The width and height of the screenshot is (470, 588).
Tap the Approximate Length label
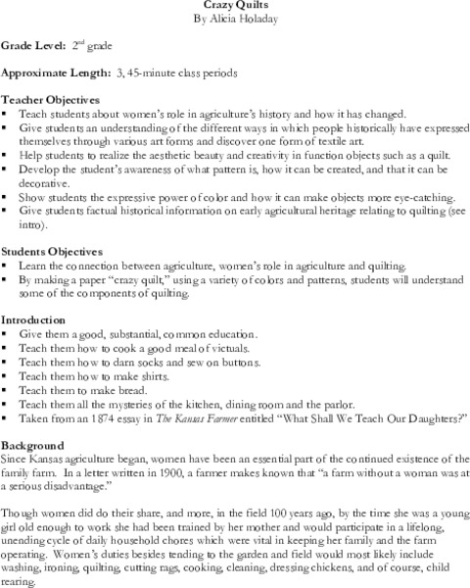55,73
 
